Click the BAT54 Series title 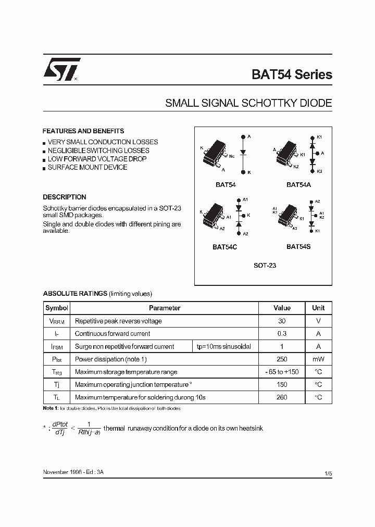(x=292, y=74)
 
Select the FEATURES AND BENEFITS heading (x=83, y=131)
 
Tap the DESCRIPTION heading (x=65, y=197)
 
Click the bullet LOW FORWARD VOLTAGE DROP (x=97, y=159)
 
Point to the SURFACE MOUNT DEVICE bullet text (x=87, y=167)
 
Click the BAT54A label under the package (x=298, y=184)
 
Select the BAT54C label (x=224, y=247)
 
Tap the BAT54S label (x=298, y=246)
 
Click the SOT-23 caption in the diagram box (x=265, y=265)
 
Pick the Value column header (x=282, y=308)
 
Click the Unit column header (x=318, y=308)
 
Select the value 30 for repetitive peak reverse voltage (x=282, y=321)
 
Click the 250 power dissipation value (x=282, y=359)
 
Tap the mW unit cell (x=318, y=359)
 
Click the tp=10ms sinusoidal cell (x=223, y=347)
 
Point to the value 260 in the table (x=282, y=397)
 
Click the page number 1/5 (x=328, y=473)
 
